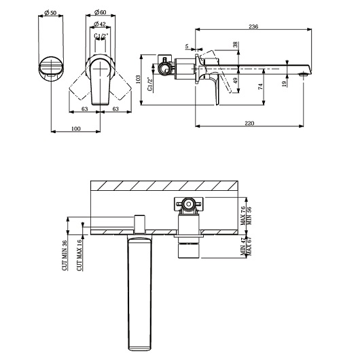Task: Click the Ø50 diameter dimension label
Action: pos(50,12)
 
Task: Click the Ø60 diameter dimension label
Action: pos(100,12)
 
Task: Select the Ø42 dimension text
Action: pos(100,24)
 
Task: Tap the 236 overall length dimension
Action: pos(253,26)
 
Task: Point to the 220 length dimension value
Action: pos(249,124)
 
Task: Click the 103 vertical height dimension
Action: pos(138,79)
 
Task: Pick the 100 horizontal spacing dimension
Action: pos(76,128)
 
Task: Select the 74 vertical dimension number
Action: pos(260,86)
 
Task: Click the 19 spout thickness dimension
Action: pos(284,84)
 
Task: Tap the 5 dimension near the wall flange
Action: pos(187,46)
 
